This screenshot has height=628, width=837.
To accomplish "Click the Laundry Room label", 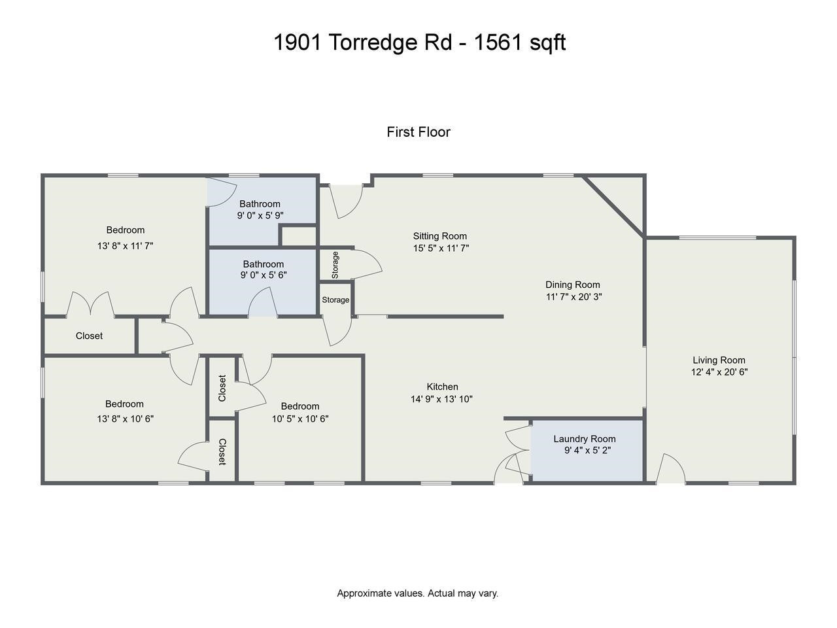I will coord(585,439).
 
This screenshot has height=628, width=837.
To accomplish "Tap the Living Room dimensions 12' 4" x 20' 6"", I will coord(719,372).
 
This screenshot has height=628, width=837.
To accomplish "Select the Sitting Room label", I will coord(440,236).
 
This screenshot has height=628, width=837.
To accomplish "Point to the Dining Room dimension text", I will coord(573,296).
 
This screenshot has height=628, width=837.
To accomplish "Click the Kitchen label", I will coord(443,387).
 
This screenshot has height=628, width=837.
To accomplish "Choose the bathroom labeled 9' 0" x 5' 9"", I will coord(260,209).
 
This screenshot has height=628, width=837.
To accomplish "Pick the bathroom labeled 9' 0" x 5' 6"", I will coord(264,270).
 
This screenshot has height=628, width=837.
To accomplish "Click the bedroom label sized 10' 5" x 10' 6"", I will coord(300,406).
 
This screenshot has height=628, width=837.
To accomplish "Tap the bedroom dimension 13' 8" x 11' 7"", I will coord(125,246).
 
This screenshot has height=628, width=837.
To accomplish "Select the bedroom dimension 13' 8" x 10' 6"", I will coord(125,419).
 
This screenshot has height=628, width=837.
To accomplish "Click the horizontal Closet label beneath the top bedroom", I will coord(89,336).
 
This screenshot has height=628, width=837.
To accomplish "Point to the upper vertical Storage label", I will coord(335,265).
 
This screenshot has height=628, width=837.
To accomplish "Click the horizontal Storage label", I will coord(335,300).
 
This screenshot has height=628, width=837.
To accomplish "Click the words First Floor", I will coord(418,132).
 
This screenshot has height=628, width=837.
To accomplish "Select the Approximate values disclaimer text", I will coord(417,593).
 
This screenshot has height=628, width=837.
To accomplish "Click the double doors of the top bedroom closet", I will coord(91,304).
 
